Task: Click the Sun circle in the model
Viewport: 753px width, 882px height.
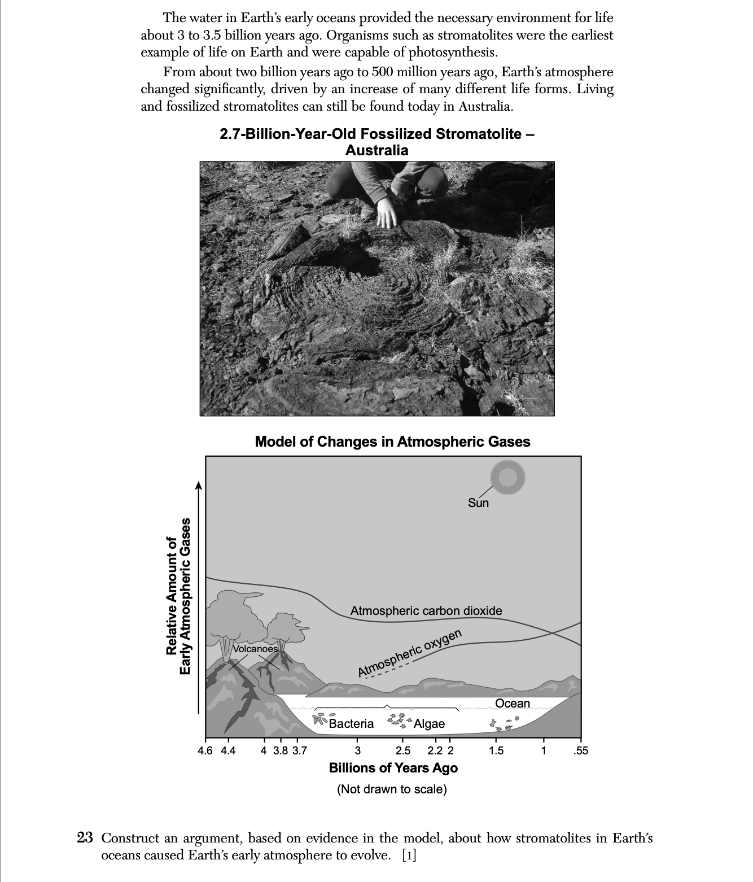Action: pyautogui.click(x=507, y=477)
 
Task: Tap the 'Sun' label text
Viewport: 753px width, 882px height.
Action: pyautogui.click(x=478, y=503)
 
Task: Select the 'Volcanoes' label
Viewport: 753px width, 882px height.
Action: pyautogui.click(x=255, y=649)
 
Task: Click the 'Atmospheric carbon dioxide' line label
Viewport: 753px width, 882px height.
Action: pyautogui.click(x=426, y=610)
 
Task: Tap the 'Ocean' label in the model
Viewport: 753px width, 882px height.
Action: pyautogui.click(x=513, y=703)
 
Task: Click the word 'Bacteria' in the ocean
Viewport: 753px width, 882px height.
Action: pyautogui.click(x=351, y=723)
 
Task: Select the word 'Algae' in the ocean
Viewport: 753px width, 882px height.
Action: pyautogui.click(x=429, y=723)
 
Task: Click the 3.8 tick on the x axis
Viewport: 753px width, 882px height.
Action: pyautogui.click(x=281, y=750)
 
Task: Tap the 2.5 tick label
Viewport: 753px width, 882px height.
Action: pyautogui.click(x=403, y=750)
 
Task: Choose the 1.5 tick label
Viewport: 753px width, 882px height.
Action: pyautogui.click(x=496, y=750)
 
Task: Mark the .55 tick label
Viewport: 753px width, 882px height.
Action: pyautogui.click(x=580, y=750)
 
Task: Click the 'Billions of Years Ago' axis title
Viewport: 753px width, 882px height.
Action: pyautogui.click(x=393, y=768)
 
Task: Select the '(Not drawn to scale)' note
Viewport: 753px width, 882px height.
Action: pyautogui.click(x=392, y=789)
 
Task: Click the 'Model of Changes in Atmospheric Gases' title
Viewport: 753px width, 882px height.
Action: pyautogui.click(x=392, y=442)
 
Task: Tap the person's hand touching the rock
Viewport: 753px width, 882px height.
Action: pyautogui.click(x=387, y=213)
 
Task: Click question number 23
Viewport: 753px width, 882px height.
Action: pyautogui.click(x=85, y=837)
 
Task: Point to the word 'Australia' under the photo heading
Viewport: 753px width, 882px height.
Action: pyautogui.click(x=376, y=150)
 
